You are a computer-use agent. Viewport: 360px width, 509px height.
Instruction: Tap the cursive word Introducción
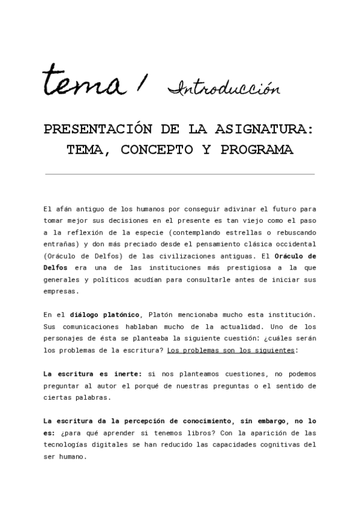tap(224, 89)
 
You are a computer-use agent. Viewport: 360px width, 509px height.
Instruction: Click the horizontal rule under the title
tap(180, 174)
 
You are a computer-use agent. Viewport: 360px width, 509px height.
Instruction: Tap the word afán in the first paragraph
tap(65, 209)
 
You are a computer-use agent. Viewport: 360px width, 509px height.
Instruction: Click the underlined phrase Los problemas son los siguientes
tap(232, 349)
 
